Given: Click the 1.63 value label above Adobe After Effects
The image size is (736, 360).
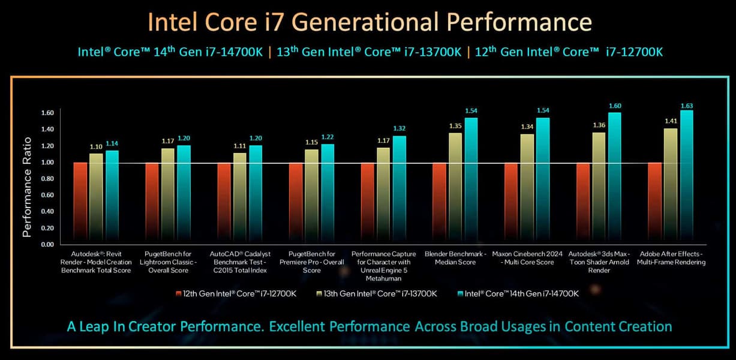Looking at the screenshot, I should pos(687,106).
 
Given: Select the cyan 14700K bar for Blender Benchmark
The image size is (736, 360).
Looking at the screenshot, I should pos(471,180).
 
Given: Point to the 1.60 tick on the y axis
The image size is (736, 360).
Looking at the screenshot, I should pos(48,113).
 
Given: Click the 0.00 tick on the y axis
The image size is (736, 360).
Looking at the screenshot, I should pos(48,245).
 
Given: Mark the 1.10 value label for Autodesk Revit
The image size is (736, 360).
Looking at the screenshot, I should pos(96,146).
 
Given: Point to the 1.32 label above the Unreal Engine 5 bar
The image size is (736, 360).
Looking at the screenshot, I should pos(399,128).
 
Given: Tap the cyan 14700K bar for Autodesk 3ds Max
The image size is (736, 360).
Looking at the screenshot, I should pos(615,179).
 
